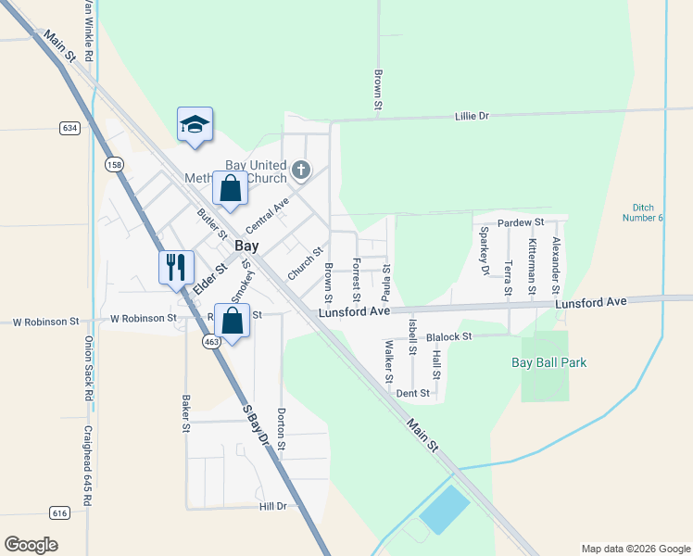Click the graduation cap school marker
[x=195, y=125]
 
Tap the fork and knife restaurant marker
[x=176, y=268]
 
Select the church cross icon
[x=300, y=170]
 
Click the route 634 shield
[x=69, y=127]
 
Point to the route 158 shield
[x=114, y=165]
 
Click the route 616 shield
[x=60, y=512]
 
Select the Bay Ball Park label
[x=549, y=363]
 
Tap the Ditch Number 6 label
[x=649, y=212]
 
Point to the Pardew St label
[x=521, y=223]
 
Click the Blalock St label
[x=449, y=336]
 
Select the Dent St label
[x=413, y=393]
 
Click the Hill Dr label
[x=273, y=507]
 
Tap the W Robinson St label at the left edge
[x=45, y=322]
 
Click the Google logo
[x=31, y=545]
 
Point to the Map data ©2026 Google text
[x=635, y=549]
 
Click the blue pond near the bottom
[x=445, y=510]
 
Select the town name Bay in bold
[x=246, y=246]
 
